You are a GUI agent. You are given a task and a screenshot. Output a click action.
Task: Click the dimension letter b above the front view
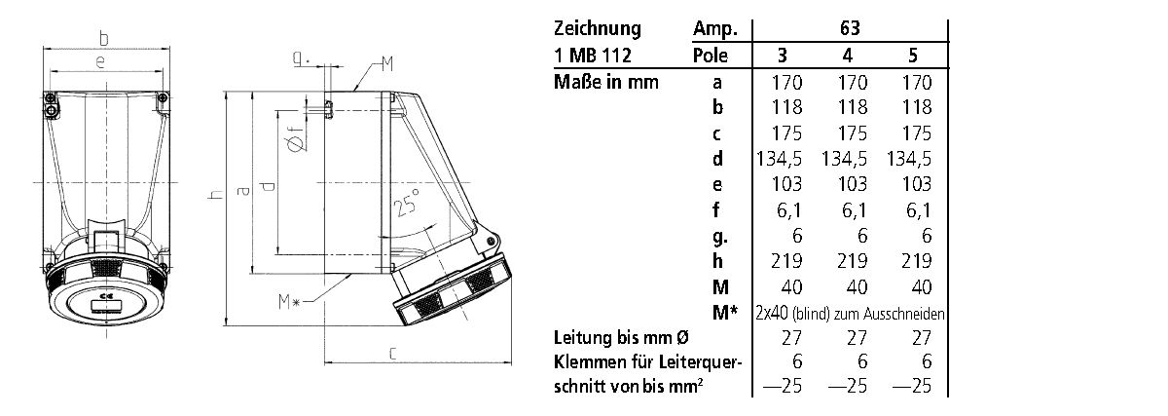tap(104, 38)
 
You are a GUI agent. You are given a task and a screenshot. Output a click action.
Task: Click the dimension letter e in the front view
tap(102, 62)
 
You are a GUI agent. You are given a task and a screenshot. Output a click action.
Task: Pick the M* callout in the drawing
tap(289, 303)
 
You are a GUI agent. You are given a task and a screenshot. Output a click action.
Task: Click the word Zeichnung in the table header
tap(595, 28)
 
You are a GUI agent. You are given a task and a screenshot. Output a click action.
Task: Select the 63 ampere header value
tap(849, 28)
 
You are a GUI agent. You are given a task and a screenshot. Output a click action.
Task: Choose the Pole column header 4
tap(849, 55)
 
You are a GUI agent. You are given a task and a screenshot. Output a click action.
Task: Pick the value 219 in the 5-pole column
tap(911, 260)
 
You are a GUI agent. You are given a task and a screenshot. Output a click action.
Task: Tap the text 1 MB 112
tap(591, 55)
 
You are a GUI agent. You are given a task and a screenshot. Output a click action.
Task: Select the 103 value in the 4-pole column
tap(849, 184)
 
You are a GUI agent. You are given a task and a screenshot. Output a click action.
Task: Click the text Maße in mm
tap(605, 82)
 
